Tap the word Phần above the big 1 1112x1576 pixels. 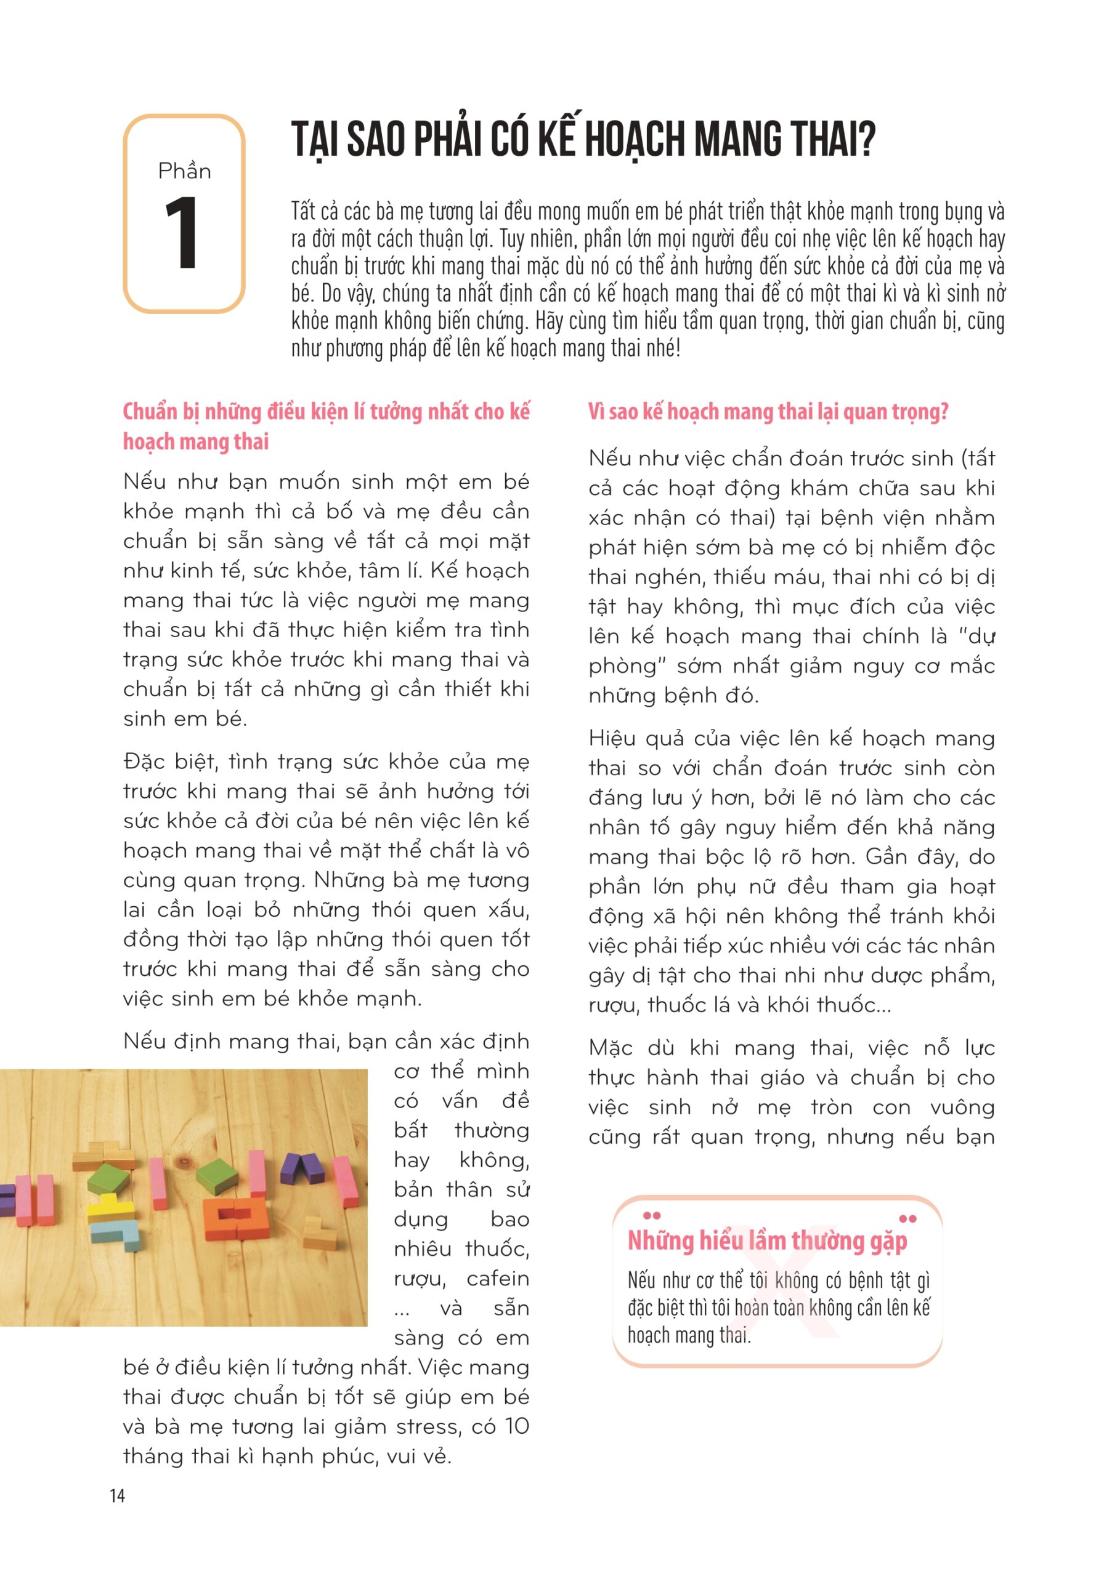184,171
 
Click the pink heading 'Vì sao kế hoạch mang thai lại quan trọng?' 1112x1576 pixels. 768,412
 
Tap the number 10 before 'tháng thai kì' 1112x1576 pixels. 516,1426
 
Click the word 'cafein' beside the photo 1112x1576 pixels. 497,1279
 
